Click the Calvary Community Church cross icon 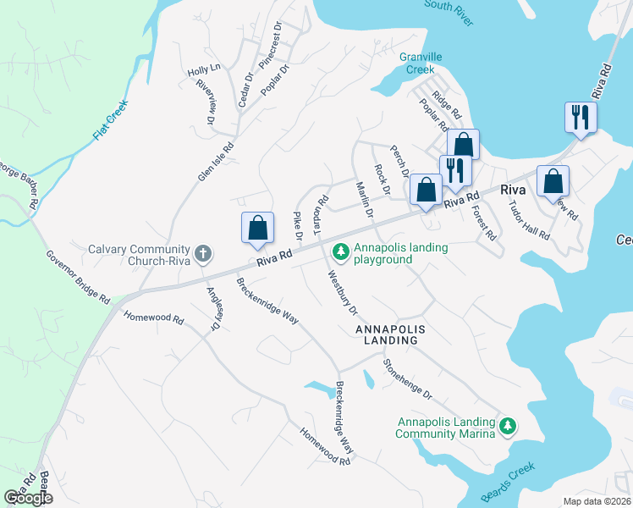tap(203, 253)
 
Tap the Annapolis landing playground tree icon tap(340, 251)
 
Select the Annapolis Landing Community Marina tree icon tap(508, 426)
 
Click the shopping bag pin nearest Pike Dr tap(257, 229)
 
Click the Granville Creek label tap(421, 63)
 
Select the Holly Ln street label tap(204, 69)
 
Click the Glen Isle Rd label tap(215, 161)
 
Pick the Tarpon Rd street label tap(322, 213)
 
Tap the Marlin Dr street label tap(365, 200)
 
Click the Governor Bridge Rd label tap(78, 277)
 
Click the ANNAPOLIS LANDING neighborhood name tap(387, 334)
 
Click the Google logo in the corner tap(28, 498)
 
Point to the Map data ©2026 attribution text tap(597, 500)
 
